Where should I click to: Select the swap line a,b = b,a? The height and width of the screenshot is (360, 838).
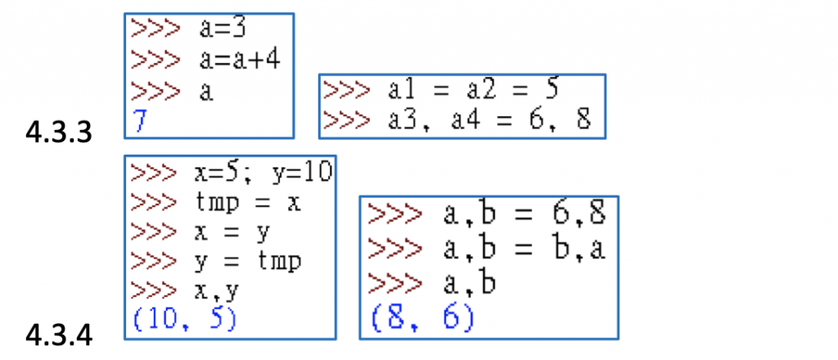(x=524, y=248)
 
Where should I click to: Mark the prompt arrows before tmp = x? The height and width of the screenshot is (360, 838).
(x=154, y=202)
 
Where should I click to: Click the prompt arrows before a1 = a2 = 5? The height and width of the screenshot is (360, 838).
(x=345, y=89)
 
